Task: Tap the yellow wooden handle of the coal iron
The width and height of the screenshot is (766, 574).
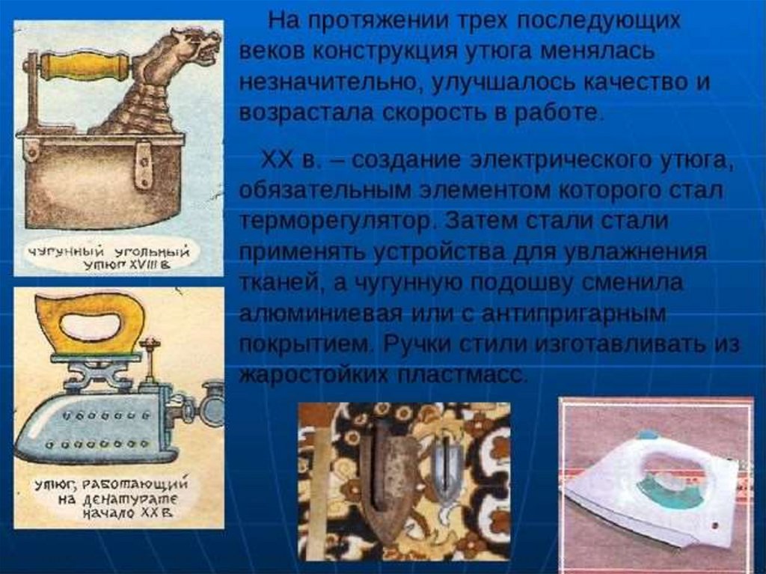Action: [83, 66]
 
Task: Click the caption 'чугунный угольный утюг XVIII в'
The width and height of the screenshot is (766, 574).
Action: [108, 257]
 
